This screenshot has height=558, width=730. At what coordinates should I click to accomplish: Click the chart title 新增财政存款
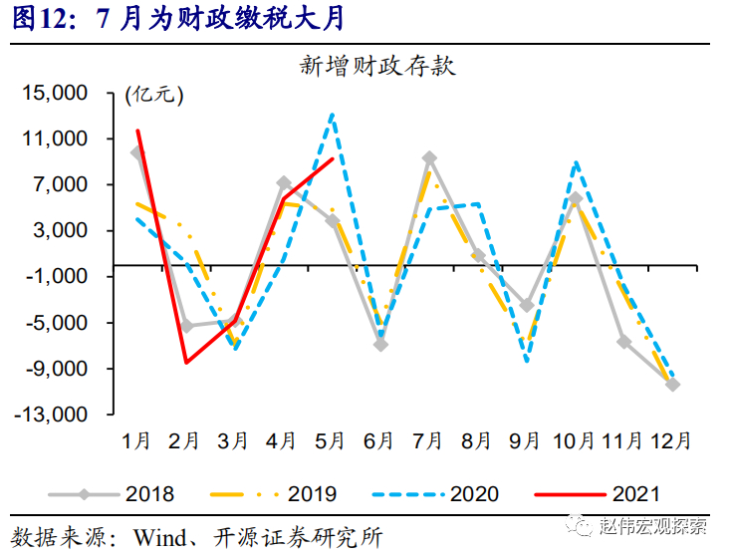[377, 67]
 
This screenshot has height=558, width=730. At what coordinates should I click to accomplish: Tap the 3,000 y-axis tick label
[62, 230]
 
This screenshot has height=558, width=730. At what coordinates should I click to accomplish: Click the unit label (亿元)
[155, 96]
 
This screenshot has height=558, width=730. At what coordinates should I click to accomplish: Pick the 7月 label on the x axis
[429, 439]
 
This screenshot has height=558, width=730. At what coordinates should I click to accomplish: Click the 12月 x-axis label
[671, 439]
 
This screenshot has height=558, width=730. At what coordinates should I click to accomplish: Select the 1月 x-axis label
[136, 439]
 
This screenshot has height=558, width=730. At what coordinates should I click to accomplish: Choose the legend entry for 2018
[148, 492]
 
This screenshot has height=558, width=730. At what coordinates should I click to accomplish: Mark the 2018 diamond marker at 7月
[429, 157]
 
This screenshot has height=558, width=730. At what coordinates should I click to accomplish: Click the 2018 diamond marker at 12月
[673, 384]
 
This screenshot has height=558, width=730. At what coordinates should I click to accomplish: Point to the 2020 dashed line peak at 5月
[332, 115]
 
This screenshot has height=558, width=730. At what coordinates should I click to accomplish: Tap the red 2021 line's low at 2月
[186, 362]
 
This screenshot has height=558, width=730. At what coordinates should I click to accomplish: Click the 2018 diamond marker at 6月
[380, 345]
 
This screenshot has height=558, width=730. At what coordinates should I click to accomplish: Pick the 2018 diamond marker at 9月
[527, 305]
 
